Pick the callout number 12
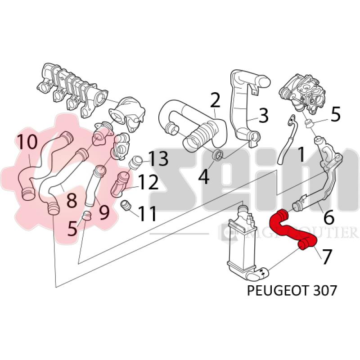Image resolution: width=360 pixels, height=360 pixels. coord(148,182)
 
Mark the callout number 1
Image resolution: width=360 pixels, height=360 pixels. coord(301,155)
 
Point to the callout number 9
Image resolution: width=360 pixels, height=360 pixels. coord(104,211)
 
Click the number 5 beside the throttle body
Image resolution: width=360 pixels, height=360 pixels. coord(335,115)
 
